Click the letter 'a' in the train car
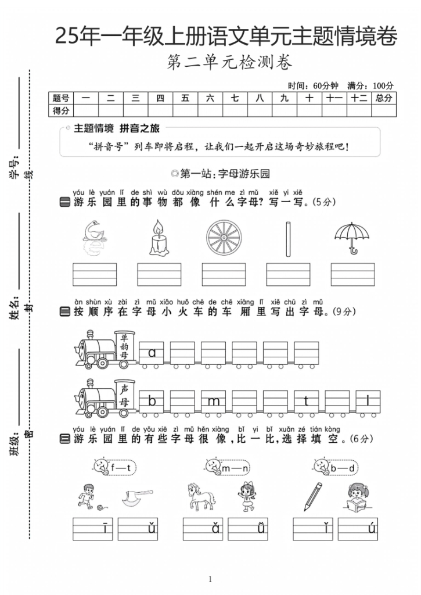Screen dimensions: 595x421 (152, 352)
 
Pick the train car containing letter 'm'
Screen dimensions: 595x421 (214, 401)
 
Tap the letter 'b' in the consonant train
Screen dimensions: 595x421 (152, 401)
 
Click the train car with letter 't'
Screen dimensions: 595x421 (306, 401)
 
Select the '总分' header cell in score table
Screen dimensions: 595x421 (384, 98)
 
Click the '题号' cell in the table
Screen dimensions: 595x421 (61, 98)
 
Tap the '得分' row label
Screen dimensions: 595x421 (61, 110)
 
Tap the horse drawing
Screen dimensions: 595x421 (200, 496)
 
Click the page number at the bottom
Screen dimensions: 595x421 (210, 579)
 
